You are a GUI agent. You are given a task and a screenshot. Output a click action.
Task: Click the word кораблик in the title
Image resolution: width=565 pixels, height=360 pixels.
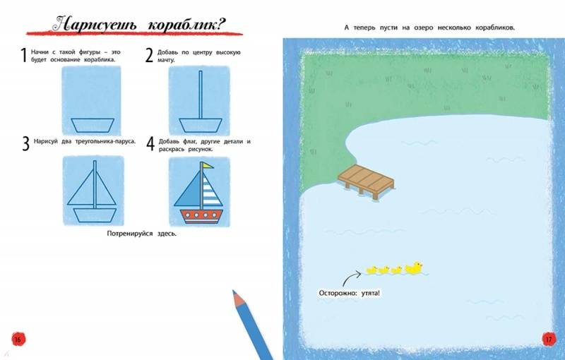186,25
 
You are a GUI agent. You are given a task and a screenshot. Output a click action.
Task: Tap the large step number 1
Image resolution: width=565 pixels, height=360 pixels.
24,56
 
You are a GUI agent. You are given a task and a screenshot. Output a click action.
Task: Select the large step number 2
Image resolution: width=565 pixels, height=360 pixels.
149,56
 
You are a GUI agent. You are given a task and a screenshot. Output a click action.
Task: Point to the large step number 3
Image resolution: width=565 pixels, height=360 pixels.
25,143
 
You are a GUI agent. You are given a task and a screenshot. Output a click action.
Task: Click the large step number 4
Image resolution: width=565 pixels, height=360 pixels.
150,143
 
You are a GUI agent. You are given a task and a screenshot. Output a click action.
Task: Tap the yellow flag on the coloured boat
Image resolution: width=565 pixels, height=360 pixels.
208,166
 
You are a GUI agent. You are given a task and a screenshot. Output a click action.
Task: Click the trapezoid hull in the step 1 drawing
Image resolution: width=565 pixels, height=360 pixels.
93,125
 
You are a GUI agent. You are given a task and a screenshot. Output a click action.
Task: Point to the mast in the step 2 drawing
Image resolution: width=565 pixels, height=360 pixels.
201,95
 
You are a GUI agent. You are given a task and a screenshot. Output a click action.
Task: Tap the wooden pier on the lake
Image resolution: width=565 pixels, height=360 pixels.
366,180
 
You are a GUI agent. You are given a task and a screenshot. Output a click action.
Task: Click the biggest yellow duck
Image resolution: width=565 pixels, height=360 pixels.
414,268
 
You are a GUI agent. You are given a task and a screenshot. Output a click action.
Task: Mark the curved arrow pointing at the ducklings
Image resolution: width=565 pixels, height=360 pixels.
349,278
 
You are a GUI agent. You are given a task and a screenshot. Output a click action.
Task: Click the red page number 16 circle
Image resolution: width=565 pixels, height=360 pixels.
18,339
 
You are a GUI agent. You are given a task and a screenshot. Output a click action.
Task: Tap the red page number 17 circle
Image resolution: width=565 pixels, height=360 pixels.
549,339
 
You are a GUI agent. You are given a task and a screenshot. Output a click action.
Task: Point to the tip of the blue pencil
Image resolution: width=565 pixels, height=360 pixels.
234,291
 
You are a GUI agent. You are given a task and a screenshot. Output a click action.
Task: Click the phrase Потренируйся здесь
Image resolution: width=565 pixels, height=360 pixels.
142,234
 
